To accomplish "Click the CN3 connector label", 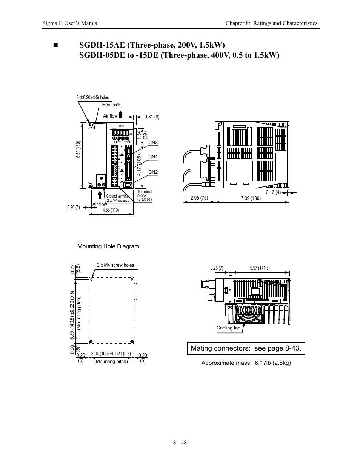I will pyautogui.click(x=153, y=143).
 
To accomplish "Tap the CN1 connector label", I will pyautogui.click(x=153, y=157).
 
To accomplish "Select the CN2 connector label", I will pyautogui.click(x=153, y=172).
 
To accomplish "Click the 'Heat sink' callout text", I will pyautogui.click(x=111, y=105).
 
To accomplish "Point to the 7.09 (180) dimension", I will pyautogui.click(x=251, y=198).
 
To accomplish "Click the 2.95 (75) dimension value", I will pyautogui.click(x=199, y=198).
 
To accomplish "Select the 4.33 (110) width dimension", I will pyautogui.click(x=111, y=210).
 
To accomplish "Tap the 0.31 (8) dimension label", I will pyautogui.click(x=152, y=117).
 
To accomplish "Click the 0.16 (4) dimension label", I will pyautogui.click(x=273, y=192).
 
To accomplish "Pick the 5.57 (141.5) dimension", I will pyautogui.click(x=260, y=268).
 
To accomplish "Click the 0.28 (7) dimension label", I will pyautogui.click(x=217, y=268).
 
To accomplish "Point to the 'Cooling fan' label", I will pyautogui.click(x=228, y=328).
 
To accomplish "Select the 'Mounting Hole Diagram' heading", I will pyautogui.click(x=108, y=246).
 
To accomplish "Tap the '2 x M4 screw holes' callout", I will pyautogui.click(x=115, y=265).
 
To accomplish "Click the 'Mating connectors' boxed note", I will pyautogui.click(x=246, y=348).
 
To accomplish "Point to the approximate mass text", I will pyautogui.click(x=246, y=363).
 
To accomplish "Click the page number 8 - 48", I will pyautogui.click(x=180, y=443).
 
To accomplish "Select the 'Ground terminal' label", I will pyautogui.click(x=118, y=197).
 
